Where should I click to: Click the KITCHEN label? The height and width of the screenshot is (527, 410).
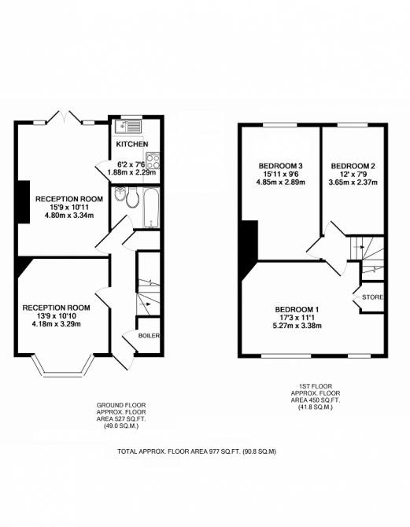pyautogui.click(x=132, y=144)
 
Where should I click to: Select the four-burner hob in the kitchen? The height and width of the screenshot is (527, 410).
pyautogui.click(x=153, y=161)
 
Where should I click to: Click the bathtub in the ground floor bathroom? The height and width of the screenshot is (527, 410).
pyautogui.click(x=151, y=208)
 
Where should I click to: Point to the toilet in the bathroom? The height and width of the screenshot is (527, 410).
pyautogui.click(x=131, y=198)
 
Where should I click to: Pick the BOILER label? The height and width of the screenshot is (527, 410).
pyautogui.click(x=149, y=336)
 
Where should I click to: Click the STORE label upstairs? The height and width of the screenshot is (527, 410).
pyautogui.click(x=373, y=297)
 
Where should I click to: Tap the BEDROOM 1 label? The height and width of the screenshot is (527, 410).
pyautogui.click(x=297, y=310)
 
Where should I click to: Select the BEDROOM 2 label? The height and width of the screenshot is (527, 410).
pyautogui.click(x=353, y=166)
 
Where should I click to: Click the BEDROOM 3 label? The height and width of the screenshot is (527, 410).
pyautogui.click(x=280, y=166)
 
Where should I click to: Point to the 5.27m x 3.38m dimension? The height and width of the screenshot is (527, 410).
pyautogui.click(x=297, y=326)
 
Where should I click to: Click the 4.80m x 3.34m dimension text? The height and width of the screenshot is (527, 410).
pyautogui.click(x=69, y=215)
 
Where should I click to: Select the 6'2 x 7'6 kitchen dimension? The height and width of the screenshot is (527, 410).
pyautogui.click(x=131, y=164)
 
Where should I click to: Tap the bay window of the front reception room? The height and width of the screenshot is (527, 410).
pyautogui.click(x=62, y=367)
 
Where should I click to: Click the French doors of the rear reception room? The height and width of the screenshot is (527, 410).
pyautogui.click(x=65, y=118)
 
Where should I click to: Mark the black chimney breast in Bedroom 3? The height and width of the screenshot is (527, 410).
pyautogui.click(x=249, y=249)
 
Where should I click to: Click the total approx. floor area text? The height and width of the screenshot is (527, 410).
pyautogui.click(x=197, y=451)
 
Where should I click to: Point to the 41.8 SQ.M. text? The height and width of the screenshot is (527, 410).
pyautogui.click(x=315, y=407)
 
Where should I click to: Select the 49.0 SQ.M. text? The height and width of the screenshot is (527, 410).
pyautogui.click(x=121, y=426)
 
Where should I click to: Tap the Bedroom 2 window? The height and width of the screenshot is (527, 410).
pyautogui.click(x=353, y=125)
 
